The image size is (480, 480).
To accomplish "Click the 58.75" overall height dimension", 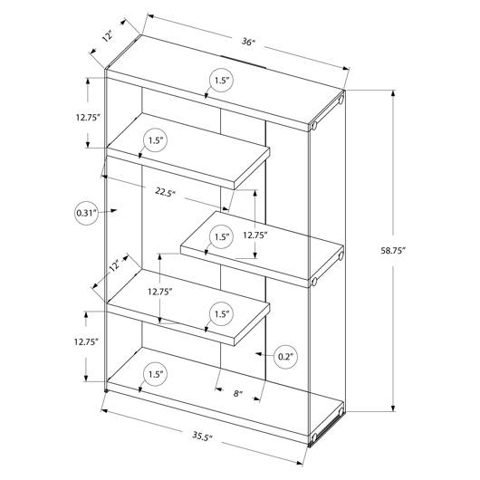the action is click(393, 250).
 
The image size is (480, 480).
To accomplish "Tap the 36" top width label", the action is click(248, 42).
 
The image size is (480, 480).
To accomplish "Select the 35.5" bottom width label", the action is click(202, 436).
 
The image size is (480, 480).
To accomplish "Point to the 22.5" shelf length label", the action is click(166, 192).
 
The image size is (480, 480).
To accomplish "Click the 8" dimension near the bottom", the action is click(238, 393).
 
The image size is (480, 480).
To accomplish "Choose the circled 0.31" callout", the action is click(87, 213).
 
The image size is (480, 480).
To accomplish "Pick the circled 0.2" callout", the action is click(285, 356).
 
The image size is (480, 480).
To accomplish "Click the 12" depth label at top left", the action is click(108, 36).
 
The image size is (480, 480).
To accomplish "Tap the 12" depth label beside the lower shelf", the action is click(115, 265).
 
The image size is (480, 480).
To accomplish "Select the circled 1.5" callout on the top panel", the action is click(222, 81).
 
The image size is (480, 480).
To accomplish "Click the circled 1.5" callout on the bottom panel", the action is click(156, 374).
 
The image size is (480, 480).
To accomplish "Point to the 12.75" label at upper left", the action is click(88, 117).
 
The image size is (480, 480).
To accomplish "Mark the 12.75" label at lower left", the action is click(86, 341).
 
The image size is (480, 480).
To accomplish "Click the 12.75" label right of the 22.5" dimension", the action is click(255, 235).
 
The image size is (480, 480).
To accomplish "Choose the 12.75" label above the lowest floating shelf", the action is click(160, 292).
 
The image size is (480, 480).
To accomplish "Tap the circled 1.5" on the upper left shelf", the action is click(156, 140).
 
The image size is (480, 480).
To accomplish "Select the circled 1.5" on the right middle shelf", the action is click(222, 237).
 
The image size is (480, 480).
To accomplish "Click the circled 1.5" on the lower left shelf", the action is click(222, 313).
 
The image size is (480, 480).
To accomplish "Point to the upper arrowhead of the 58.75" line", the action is click(393, 93).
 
